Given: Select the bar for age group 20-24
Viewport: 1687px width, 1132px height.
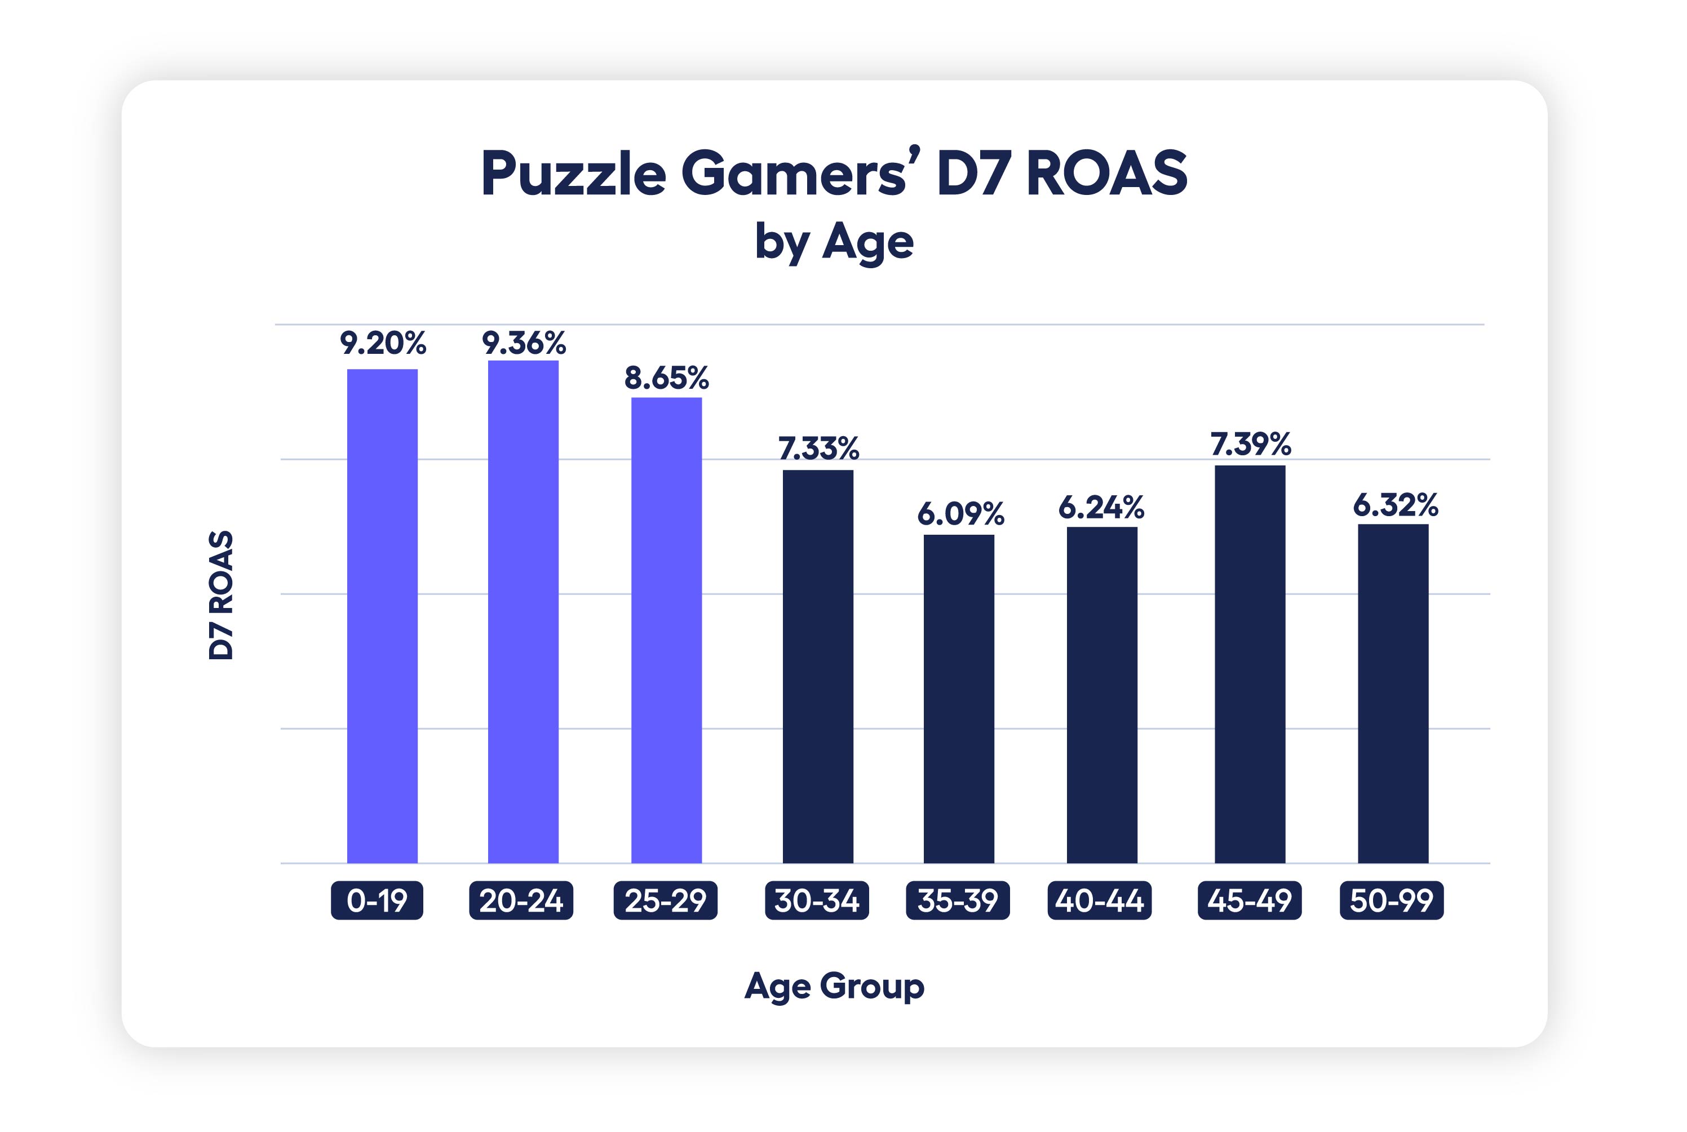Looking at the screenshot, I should [523, 611].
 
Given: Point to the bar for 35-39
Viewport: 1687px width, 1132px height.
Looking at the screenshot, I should [958, 698].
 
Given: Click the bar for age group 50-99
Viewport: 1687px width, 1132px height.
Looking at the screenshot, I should [1392, 693].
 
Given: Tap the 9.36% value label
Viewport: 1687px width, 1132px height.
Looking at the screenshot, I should [524, 343].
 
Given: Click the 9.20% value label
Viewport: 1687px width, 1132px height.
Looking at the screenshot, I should [383, 343].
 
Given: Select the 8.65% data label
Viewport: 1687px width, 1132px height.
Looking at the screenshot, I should [666, 378].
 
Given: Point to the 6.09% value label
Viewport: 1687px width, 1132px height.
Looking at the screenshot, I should [960, 514].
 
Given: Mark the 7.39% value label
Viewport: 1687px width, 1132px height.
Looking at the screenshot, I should [1250, 444].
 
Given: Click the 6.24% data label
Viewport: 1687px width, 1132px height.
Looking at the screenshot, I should [1101, 508].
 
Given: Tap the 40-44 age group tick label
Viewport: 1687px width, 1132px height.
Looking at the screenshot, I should [1099, 900].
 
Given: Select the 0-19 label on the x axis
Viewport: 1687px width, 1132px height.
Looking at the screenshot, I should [377, 900].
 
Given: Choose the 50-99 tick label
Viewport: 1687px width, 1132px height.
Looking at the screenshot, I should [1391, 900].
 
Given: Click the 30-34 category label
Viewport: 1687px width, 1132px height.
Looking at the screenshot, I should [817, 900].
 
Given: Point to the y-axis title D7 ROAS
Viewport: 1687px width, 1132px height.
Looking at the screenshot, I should [221, 595].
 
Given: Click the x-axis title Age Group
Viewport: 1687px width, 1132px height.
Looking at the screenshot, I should [834, 986].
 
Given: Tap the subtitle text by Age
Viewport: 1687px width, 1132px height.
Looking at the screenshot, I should [834, 242].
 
